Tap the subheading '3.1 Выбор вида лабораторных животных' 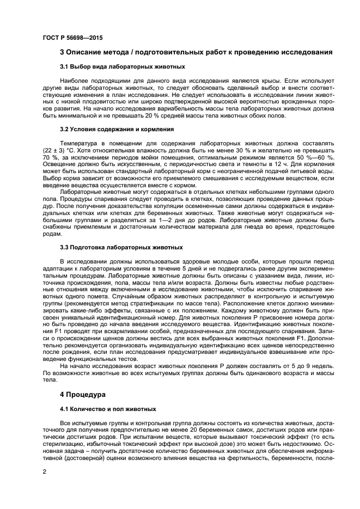click(122, 66)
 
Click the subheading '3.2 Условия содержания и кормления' click(117, 130)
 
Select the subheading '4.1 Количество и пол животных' click(108, 408)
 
